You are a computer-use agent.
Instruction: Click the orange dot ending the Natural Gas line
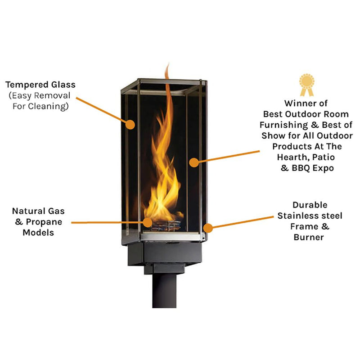point(148,221)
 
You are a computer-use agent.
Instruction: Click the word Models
point(39,232)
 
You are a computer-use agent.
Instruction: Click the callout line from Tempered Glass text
point(103,109)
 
